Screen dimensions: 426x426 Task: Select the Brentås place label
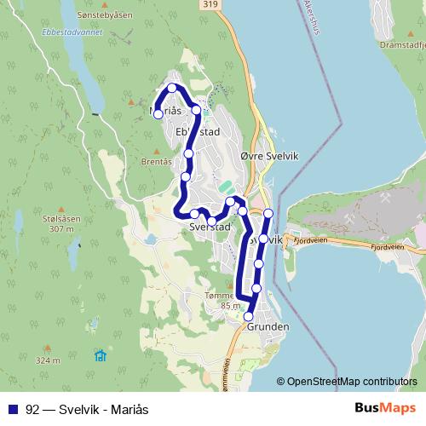coord(157,161)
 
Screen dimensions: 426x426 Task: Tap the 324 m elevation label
coord(48,360)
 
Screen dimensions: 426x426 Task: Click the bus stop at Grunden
coord(249,316)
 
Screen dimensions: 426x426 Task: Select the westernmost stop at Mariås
coord(158,114)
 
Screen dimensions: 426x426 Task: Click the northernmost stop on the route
coord(172,88)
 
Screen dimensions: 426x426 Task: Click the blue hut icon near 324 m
coord(101,354)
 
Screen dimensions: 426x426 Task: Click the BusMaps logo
coord(385,407)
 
